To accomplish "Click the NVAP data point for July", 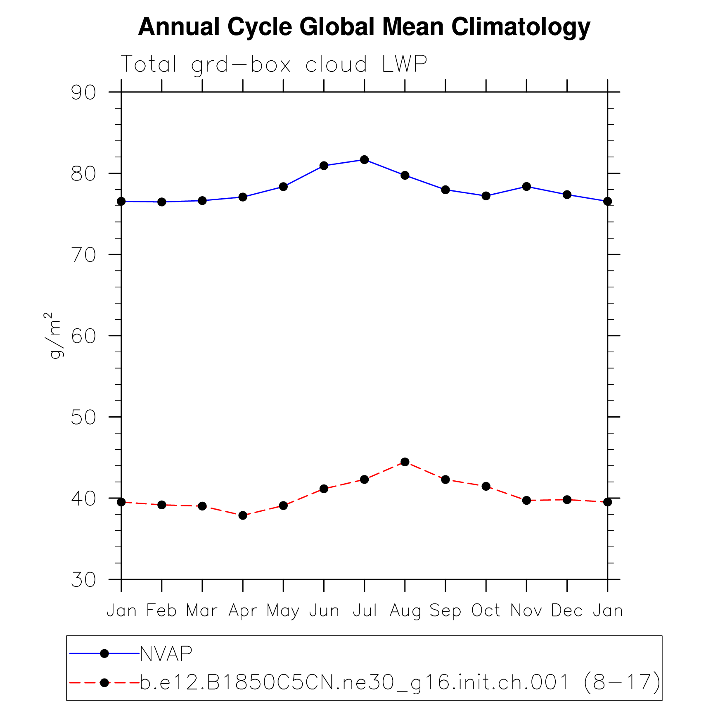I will pos(364,160).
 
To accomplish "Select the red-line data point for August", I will pos(405,462).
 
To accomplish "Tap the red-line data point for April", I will pos(243,515).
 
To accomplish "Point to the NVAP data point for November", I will pos(526,187).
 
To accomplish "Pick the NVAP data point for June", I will pos(324,166).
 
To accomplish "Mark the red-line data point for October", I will pos(486,486).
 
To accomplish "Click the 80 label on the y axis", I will pos(83,174).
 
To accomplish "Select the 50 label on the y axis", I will pos(83,418).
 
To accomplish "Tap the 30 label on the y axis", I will pos(83,580).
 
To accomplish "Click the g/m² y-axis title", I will pos(54,335).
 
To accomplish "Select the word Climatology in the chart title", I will pos(521,27).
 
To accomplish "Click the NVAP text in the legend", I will pos(166,654).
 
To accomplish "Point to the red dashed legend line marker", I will pos(104,683).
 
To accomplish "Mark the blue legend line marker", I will pos(104,653).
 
